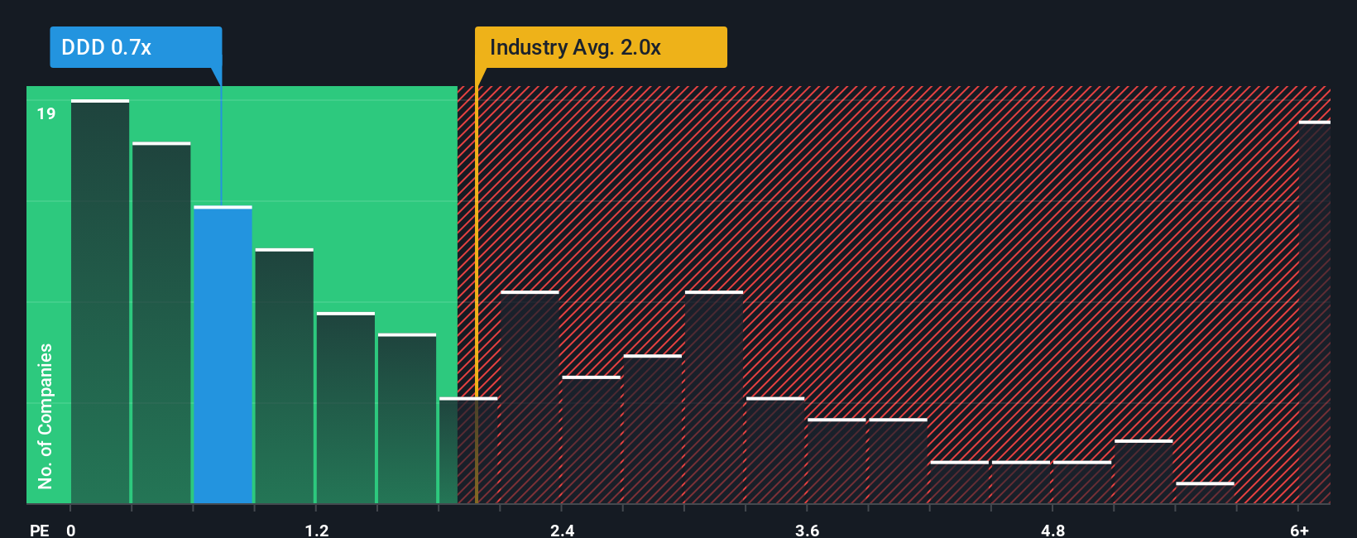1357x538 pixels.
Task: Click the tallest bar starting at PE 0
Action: click(x=100, y=301)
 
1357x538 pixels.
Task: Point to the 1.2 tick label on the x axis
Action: click(x=316, y=530)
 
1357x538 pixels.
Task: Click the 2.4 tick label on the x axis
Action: click(x=562, y=530)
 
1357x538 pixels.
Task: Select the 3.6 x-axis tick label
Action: click(x=807, y=530)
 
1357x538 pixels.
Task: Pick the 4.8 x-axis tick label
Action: click(x=1053, y=530)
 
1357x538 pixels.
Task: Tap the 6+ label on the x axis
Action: click(x=1299, y=530)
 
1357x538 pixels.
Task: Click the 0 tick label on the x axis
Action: click(x=71, y=530)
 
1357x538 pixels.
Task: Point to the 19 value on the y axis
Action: click(x=46, y=113)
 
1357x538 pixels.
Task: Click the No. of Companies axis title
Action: click(x=46, y=416)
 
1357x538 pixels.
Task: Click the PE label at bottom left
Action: click(x=39, y=530)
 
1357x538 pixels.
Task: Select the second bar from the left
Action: click(x=161, y=323)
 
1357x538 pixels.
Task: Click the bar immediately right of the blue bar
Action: click(x=284, y=376)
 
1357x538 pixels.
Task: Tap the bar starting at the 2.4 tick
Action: click(x=591, y=440)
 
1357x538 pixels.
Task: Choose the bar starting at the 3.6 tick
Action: click(x=837, y=461)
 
